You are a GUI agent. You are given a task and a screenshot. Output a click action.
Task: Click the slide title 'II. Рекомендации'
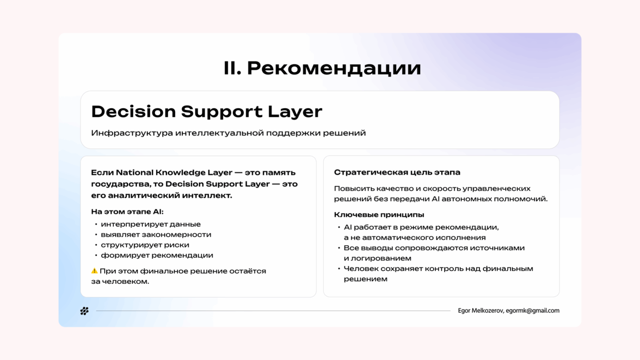click(322, 68)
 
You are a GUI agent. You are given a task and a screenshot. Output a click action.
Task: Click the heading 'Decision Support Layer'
click(207, 111)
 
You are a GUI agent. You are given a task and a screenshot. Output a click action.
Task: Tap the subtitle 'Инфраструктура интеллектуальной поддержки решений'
click(228, 133)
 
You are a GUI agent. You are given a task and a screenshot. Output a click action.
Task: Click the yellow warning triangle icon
click(94, 271)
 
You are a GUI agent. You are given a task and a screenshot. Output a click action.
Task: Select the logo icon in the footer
click(84, 311)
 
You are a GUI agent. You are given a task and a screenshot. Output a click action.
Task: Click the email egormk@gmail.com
click(533, 311)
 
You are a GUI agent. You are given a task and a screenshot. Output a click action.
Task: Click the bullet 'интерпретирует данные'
click(151, 224)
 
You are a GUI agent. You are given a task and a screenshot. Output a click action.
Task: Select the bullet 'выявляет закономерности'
click(156, 234)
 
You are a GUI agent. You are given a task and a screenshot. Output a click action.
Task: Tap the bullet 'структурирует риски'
click(145, 245)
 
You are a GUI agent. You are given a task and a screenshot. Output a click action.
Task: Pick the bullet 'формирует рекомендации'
click(157, 255)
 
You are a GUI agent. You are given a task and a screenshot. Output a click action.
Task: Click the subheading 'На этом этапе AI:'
click(127, 212)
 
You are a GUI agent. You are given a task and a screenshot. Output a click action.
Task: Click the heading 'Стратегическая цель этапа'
click(397, 172)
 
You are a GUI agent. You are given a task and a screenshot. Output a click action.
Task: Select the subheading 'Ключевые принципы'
click(379, 214)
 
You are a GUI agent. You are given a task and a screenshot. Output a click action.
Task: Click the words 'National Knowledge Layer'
click(174, 172)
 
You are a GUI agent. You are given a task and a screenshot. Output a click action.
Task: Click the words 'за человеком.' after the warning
click(120, 281)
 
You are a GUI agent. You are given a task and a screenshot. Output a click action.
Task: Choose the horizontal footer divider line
click(273, 311)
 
